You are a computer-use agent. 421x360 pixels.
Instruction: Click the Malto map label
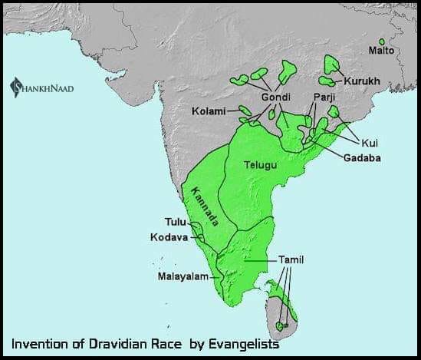(x=380, y=51)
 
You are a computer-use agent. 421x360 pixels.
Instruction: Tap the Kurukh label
(x=358, y=81)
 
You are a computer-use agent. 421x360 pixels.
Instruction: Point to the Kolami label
(x=209, y=111)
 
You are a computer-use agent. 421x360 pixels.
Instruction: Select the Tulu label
(x=176, y=223)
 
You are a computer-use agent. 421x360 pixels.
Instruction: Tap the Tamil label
(x=291, y=260)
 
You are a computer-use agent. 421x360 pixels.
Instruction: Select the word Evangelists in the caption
(x=255, y=345)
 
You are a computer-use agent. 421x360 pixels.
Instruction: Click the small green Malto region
(x=382, y=41)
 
